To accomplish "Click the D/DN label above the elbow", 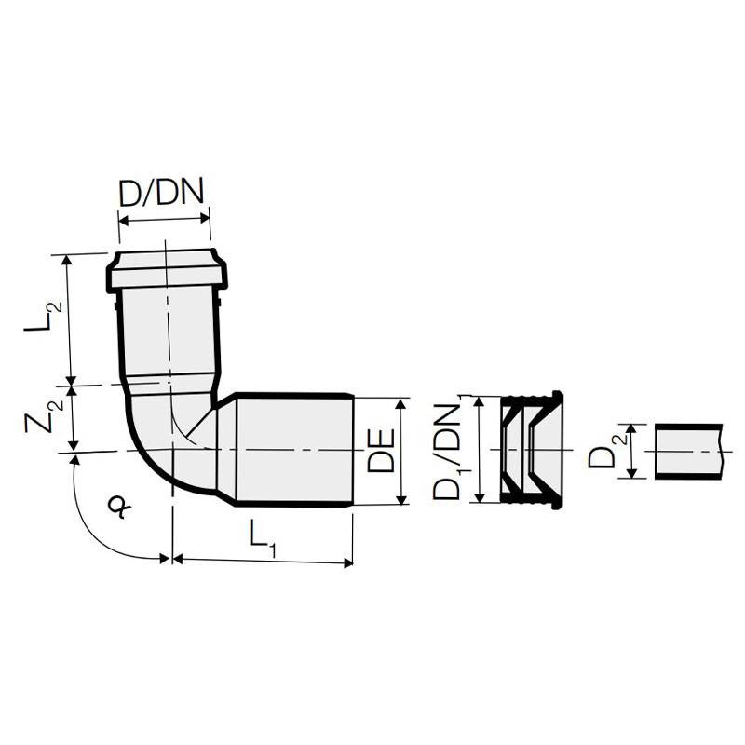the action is click(161, 193).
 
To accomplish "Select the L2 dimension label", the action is click(44, 318).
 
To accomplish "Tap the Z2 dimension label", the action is click(44, 417).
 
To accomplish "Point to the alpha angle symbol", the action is click(119, 506).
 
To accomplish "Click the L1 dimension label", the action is click(262, 542).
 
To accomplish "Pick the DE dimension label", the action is click(381, 450).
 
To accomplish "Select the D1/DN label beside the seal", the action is click(448, 452).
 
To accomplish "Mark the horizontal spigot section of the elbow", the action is click(294, 450).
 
